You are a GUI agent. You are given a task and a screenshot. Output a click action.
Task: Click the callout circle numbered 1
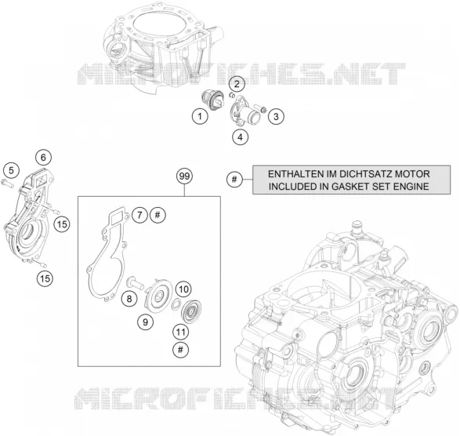(x=200, y=117)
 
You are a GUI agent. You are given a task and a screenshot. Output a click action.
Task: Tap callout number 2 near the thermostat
(x=237, y=84)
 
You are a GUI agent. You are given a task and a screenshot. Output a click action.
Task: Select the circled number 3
(x=276, y=117)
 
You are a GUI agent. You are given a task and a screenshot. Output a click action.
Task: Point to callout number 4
(x=241, y=137)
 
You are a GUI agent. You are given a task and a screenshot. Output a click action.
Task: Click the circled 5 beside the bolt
(x=11, y=171)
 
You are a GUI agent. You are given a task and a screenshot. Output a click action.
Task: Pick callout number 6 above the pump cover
(x=43, y=158)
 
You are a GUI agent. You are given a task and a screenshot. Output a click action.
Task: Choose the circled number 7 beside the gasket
(x=139, y=215)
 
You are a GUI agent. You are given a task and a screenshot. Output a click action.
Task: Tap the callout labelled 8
(x=129, y=300)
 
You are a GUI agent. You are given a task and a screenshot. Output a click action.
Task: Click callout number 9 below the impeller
(x=146, y=322)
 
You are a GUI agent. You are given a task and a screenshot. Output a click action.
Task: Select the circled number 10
(x=183, y=289)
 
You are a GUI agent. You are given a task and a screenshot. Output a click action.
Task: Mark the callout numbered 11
(x=180, y=332)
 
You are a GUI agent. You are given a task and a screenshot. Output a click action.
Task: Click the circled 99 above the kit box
(x=184, y=176)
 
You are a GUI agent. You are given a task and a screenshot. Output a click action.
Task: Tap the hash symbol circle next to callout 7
(x=158, y=215)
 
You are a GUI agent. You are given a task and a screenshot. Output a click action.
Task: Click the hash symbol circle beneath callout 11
(x=180, y=350)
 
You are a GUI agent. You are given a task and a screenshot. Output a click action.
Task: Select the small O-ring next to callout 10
(x=176, y=304)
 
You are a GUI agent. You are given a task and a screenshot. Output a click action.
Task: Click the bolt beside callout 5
(x=8, y=184)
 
